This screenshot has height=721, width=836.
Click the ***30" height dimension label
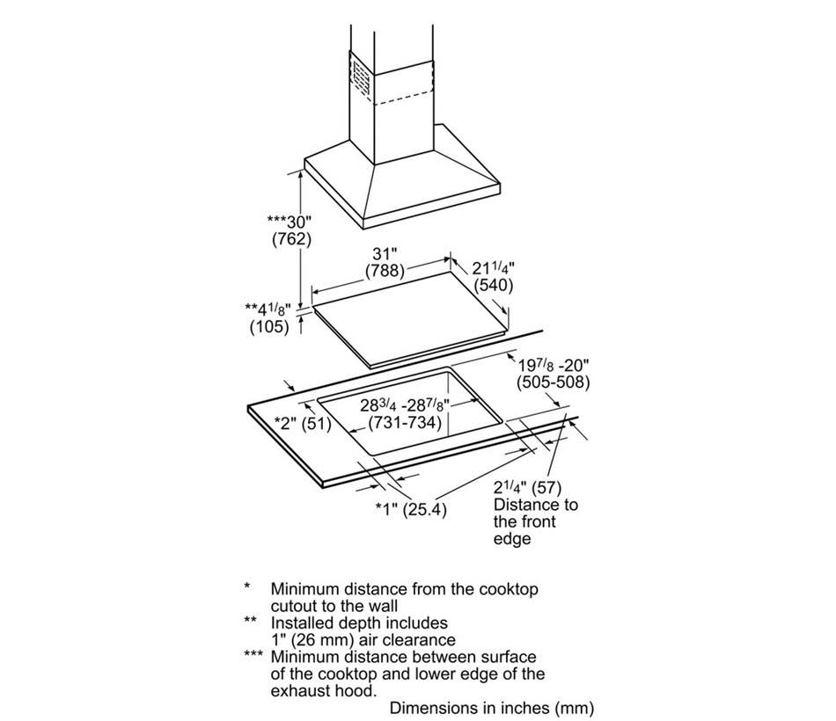pos(289,222)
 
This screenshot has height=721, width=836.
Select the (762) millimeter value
pos(291,239)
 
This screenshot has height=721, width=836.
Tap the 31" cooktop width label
pos(385,253)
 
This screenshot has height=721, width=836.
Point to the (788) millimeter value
pos(385,271)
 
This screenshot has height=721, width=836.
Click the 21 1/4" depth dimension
pos(493,267)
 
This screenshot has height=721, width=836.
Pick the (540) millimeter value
pos(494,285)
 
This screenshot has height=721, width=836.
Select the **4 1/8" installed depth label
pos(268,310)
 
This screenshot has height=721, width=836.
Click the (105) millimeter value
pos(269,326)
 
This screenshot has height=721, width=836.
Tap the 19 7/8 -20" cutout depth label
pos(554,366)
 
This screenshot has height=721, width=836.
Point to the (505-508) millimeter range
pos(553,382)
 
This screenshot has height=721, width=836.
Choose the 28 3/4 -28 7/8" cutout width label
pos(405,405)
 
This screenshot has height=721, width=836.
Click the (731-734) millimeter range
pos(405,423)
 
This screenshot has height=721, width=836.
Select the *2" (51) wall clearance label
pos(303,424)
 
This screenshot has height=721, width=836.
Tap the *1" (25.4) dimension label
pos(411,509)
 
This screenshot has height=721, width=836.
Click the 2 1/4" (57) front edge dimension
pos(527,488)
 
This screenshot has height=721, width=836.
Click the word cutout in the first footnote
pos(294,607)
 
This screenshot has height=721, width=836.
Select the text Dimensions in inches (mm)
pos(492,708)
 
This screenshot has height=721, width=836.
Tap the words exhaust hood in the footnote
pos(323,691)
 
